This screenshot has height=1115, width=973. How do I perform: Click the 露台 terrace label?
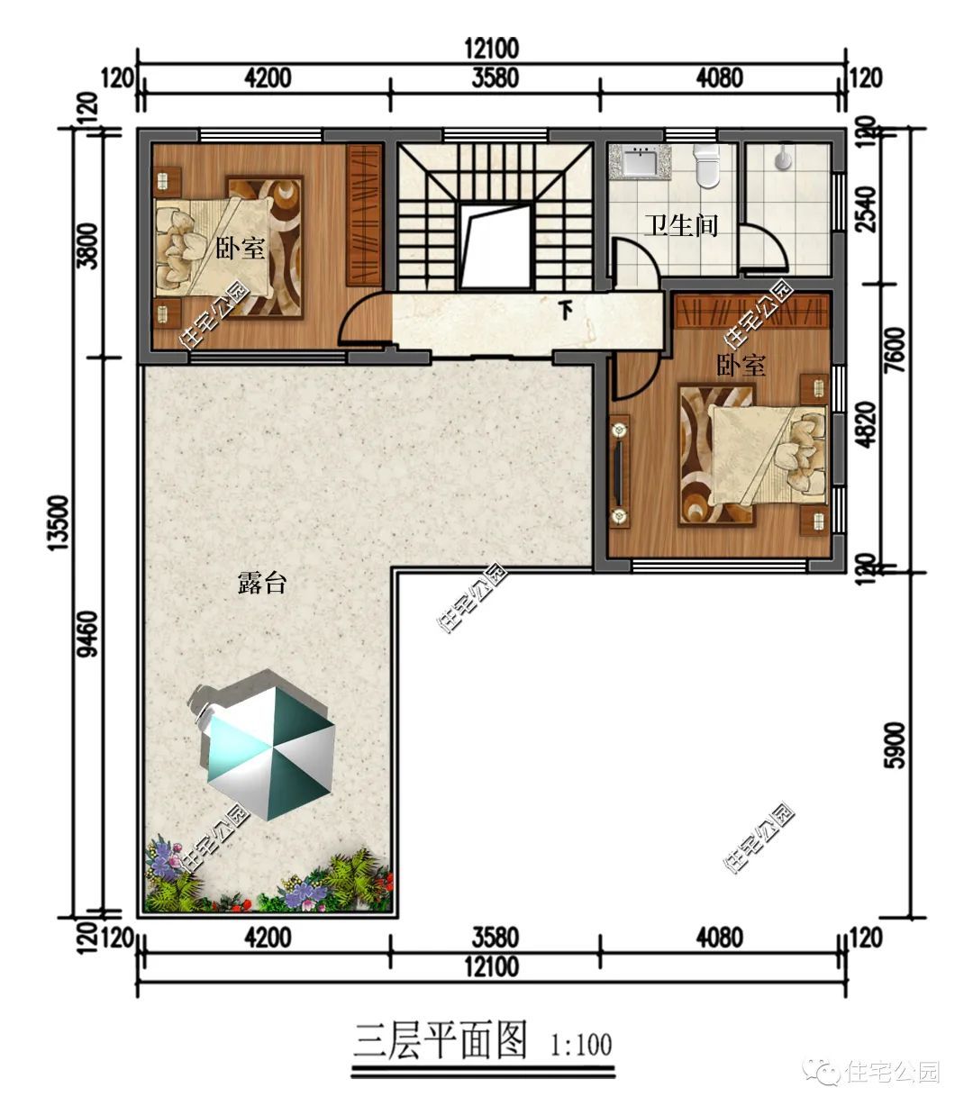click(x=262, y=583)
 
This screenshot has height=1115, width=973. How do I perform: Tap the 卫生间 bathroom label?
click(x=681, y=225)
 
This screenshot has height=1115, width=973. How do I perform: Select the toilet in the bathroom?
click(x=707, y=167)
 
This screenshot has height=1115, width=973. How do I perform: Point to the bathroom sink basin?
click(x=641, y=161)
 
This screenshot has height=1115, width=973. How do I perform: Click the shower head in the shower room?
click(x=783, y=156)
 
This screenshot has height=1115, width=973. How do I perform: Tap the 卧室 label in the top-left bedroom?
click(x=241, y=248)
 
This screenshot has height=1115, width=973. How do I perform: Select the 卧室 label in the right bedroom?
click(x=741, y=365)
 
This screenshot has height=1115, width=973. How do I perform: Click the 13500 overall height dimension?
click(x=59, y=522)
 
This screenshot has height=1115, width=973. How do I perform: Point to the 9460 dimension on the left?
click(x=88, y=634)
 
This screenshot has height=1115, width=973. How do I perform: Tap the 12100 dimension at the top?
click(x=491, y=49)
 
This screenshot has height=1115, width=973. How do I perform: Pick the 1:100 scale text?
click(x=581, y=1046)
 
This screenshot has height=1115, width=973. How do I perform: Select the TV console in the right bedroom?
click(x=619, y=471)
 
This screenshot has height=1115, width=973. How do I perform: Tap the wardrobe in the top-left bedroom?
click(x=364, y=214)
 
